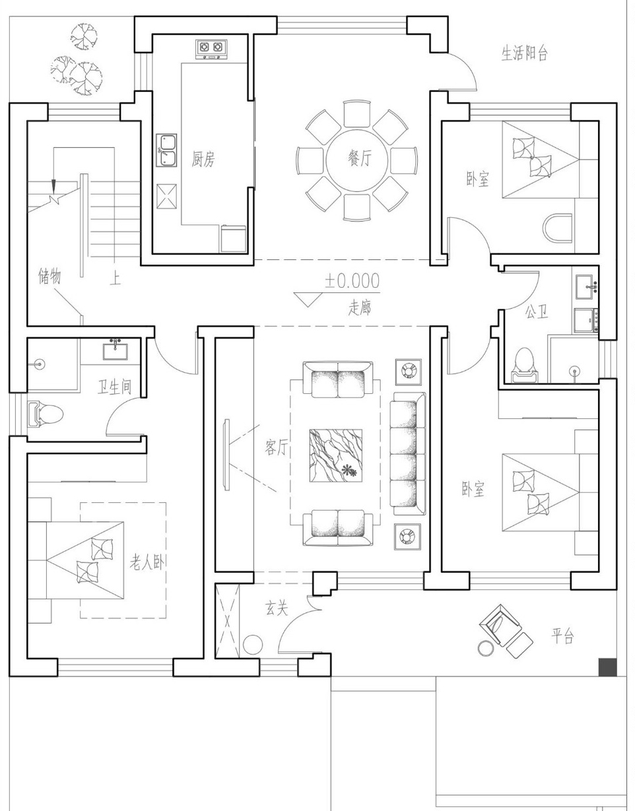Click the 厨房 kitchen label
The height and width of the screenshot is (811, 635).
click(x=203, y=159)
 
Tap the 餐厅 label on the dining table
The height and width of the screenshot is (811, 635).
click(x=360, y=160)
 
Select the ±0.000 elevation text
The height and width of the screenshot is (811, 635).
click(x=352, y=280)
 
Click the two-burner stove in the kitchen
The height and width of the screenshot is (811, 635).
click(x=211, y=49)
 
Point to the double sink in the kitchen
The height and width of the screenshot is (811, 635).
click(x=166, y=150)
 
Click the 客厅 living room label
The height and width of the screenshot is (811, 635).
click(x=277, y=447)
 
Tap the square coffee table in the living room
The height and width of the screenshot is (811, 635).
click(x=335, y=456)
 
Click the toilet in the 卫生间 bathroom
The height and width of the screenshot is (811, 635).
click(x=45, y=414)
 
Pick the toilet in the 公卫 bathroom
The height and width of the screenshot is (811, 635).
click(x=525, y=366)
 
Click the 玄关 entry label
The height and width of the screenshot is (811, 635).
click(x=277, y=608)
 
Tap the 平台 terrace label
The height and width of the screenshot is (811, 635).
click(x=562, y=635)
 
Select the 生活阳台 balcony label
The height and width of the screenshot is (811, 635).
click(x=525, y=53)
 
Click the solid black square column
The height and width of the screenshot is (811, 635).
click(x=607, y=667)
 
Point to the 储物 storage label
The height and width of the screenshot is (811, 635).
click(x=50, y=276)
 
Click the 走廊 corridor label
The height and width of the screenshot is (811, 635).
click(x=360, y=308)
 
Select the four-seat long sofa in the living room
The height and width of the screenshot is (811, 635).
click(x=408, y=454)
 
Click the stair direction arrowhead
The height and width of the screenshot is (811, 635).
click(x=53, y=184)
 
